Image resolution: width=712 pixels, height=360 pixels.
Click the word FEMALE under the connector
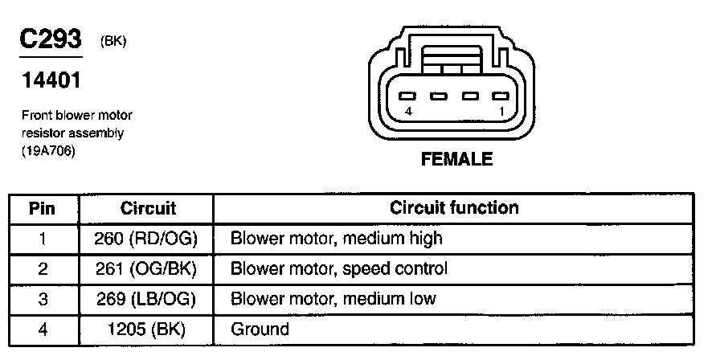[456, 159]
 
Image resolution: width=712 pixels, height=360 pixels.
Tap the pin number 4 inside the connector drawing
[409, 112]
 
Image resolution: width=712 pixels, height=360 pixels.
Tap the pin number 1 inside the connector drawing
[501, 112]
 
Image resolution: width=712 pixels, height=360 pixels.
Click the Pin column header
[42, 209]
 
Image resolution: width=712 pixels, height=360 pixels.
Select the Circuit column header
[147, 209]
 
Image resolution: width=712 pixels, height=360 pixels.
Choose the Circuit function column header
[454, 209]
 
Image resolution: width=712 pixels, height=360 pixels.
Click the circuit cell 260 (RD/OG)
[147, 239]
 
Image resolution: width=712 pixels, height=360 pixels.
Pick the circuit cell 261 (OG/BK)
[147, 268]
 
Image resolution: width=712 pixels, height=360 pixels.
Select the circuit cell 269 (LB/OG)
[147, 299]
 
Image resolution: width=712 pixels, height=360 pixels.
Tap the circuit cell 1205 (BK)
[147, 329]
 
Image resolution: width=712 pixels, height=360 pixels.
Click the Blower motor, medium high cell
[336, 239]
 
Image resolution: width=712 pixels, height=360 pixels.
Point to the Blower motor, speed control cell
[338, 268]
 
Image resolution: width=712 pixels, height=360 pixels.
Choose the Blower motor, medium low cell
[333, 299]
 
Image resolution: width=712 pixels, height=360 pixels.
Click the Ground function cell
[260, 329]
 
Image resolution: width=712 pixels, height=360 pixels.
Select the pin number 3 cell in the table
[42, 299]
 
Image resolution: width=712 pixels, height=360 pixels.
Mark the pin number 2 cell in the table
[42, 268]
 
